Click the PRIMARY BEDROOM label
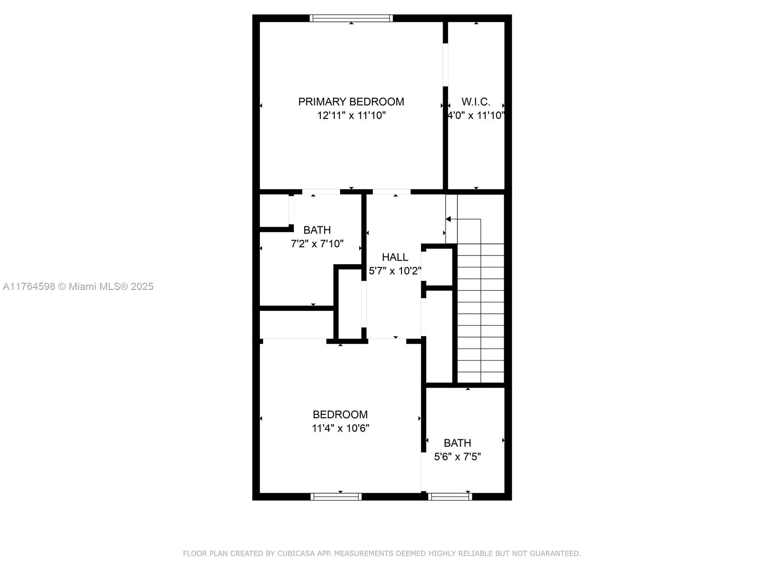pyautogui.click(x=351, y=102)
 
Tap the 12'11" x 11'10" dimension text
pyautogui.click(x=351, y=115)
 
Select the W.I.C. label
pyautogui.click(x=476, y=102)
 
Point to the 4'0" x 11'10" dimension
pyautogui.click(x=476, y=115)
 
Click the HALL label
pyautogui.click(x=395, y=257)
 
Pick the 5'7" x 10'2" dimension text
pyautogui.click(x=395, y=271)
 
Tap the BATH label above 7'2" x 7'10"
pyautogui.click(x=317, y=230)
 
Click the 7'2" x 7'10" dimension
pyautogui.click(x=317, y=244)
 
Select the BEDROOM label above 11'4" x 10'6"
pyautogui.click(x=340, y=414)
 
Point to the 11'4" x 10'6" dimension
pyautogui.click(x=340, y=428)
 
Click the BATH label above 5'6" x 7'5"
pyautogui.click(x=457, y=443)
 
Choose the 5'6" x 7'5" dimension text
pyautogui.click(x=457, y=456)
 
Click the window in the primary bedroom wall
pyautogui.click(x=351, y=18)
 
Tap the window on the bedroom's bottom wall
pyautogui.click(x=336, y=497)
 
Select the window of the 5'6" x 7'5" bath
pyautogui.click(x=450, y=497)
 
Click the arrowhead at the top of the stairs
pyautogui.click(x=448, y=219)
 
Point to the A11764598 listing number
pyautogui.click(x=29, y=286)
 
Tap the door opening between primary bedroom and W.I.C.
pyautogui.click(x=445, y=65)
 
